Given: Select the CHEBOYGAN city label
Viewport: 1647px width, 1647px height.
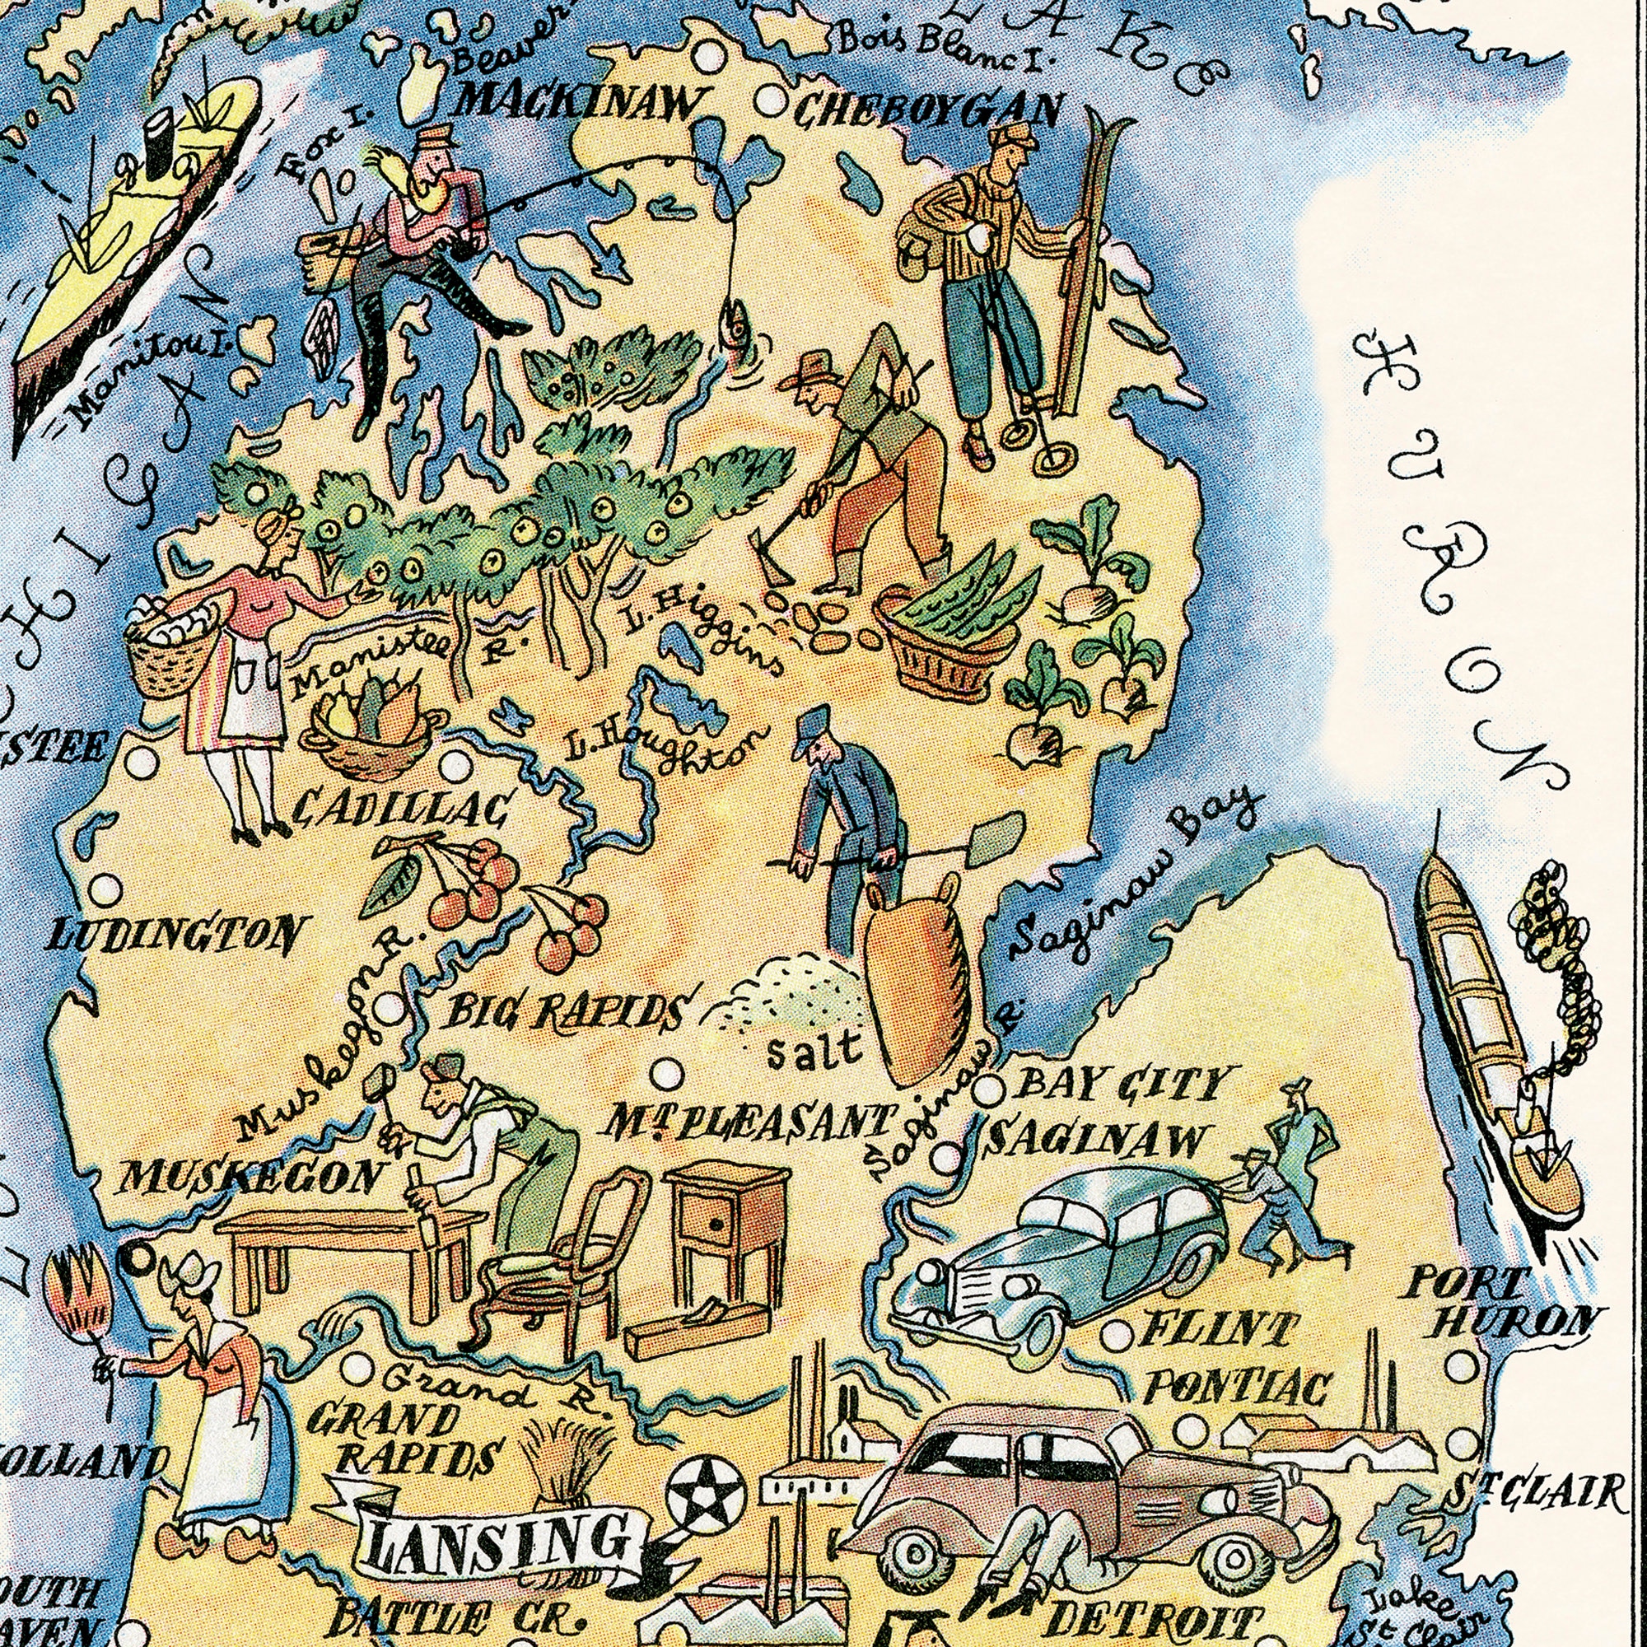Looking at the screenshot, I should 930,110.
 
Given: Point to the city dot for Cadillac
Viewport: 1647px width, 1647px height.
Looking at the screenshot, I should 457,767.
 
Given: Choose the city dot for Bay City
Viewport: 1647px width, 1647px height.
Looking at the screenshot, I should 988,1089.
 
